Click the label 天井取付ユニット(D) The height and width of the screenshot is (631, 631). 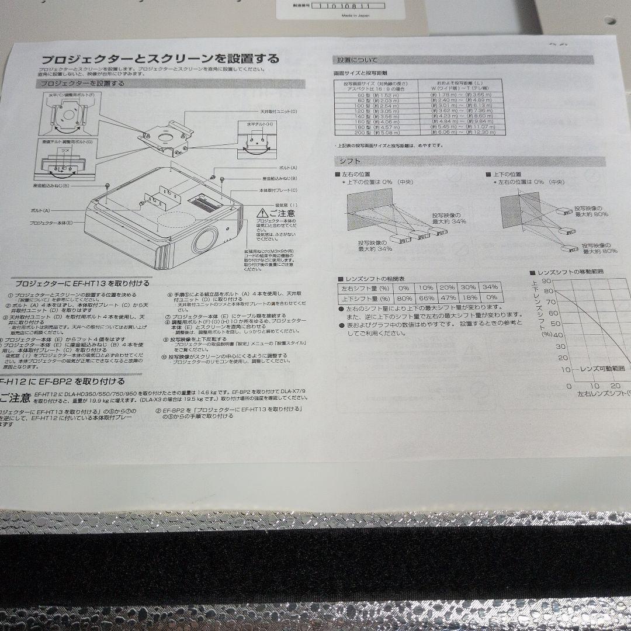pyautogui.click(x=278, y=111)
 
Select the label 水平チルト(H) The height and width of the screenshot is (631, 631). pyautogui.click(x=255, y=124)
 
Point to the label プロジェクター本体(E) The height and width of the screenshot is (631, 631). pyautogui.click(x=51, y=223)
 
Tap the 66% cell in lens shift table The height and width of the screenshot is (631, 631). pyautogui.click(x=426, y=297)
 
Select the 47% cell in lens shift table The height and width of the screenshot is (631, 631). pyautogui.click(x=448, y=297)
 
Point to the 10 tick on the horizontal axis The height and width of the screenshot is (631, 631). pyautogui.click(x=594, y=386)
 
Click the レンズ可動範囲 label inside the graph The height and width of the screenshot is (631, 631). pyautogui.click(x=602, y=369)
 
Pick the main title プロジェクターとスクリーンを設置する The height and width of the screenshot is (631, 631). pyautogui.click(x=160, y=59)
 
